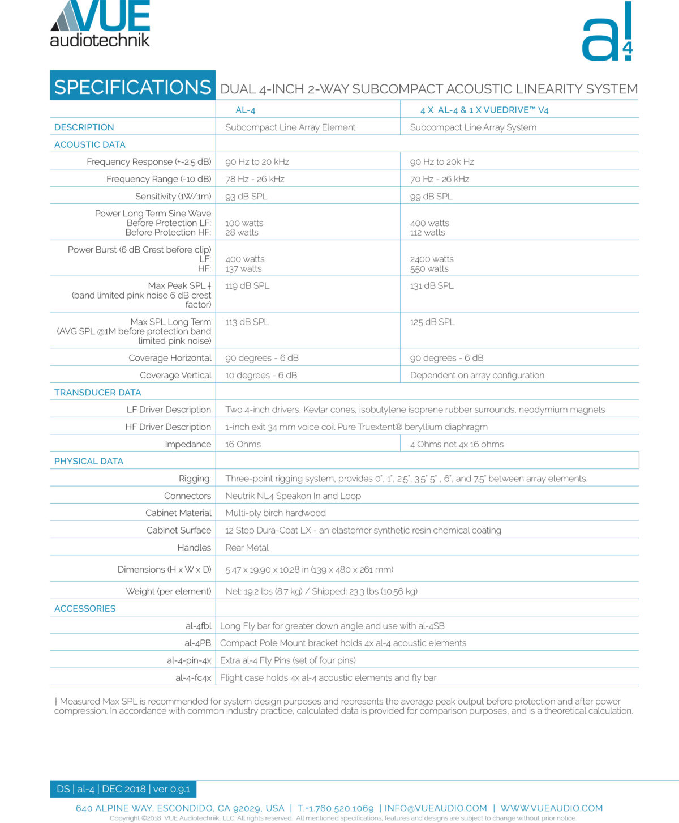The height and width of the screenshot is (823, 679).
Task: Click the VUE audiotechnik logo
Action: (100, 24)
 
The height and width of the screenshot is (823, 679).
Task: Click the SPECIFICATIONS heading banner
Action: (132, 87)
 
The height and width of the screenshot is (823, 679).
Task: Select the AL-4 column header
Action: (246, 110)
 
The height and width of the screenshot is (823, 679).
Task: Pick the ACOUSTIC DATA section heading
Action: (90, 144)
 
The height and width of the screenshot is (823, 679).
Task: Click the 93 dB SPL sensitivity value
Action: (246, 196)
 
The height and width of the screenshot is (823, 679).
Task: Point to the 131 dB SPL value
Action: (432, 285)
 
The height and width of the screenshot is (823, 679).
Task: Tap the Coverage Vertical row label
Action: (175, 375)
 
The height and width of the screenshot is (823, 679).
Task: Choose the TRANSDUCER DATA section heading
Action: (97, 392)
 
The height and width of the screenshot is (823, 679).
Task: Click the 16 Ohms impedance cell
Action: (243, 444)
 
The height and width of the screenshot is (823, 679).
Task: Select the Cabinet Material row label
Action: (178, 513)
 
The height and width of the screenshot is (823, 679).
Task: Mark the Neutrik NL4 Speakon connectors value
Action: (293, 496)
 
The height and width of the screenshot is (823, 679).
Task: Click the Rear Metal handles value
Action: (247, 547)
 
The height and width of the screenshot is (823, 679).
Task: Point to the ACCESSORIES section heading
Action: (85, 608)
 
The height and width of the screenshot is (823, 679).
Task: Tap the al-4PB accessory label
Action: (197, 643)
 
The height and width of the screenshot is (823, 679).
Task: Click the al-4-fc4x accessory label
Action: (193, 677)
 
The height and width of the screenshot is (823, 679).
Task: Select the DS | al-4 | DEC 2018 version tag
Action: (123, 789)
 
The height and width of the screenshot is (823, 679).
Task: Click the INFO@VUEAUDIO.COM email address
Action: (436, 808)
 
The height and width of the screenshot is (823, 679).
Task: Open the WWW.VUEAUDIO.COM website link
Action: (551, 808)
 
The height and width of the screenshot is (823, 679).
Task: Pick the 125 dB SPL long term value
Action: (432, 322)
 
